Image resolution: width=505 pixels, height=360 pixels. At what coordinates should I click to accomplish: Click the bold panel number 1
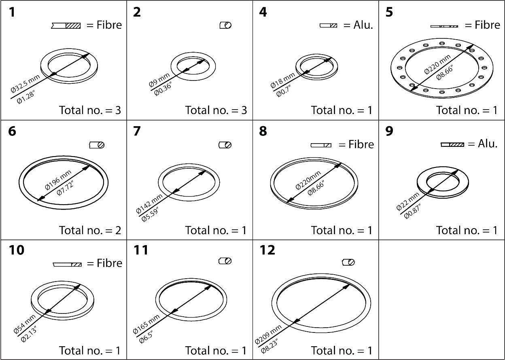(x=12, y=13)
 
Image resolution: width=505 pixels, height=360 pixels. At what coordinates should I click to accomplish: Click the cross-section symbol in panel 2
(x=225, y=25)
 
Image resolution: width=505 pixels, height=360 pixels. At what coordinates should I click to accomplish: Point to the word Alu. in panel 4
(x=363, y=25)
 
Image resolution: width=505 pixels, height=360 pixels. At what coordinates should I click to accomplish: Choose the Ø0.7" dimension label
(x=286, y=89)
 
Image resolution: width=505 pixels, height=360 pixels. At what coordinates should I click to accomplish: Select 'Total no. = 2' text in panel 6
(x=90, y=230)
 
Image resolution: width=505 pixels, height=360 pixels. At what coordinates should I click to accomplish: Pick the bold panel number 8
(x=263, y=132)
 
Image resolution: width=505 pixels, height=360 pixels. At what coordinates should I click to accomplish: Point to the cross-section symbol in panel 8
(x=321, y=145)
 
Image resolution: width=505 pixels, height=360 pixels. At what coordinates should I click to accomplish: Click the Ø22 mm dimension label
(x=408, y=201)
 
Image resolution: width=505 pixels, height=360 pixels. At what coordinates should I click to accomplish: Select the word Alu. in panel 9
(x=488, y=144)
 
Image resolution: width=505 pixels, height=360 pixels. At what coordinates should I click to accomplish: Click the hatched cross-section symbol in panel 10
(x=67, y=264)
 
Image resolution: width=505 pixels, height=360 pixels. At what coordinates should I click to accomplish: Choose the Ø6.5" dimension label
(x=149, y=335)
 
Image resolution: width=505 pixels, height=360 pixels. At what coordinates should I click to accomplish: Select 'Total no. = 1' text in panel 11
(x=216, y=350)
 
